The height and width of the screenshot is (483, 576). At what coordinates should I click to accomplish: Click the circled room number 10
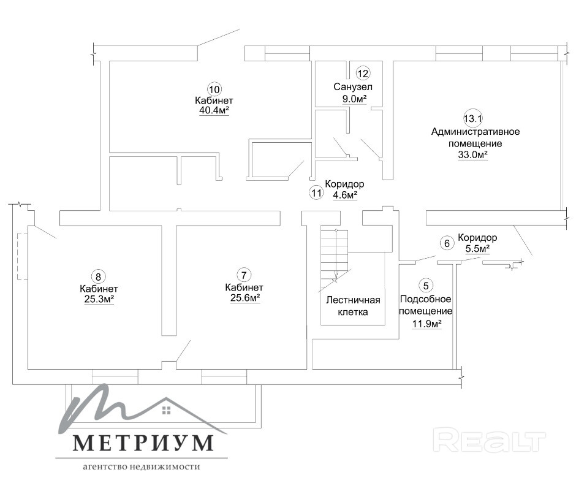pos(214,89)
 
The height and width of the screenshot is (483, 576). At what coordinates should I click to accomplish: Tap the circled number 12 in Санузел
pos(363,74)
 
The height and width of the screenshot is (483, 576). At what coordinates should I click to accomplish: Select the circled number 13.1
pos(473,119)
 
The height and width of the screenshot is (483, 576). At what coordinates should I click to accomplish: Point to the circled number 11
pos(316,192)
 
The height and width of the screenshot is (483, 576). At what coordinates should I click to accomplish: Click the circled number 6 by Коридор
pos(447,243)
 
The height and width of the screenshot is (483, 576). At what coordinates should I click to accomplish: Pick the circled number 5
pos(426,286)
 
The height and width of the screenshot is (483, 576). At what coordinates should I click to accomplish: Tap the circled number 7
pos(244,275)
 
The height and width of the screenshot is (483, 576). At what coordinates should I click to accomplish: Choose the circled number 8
pos(97,276)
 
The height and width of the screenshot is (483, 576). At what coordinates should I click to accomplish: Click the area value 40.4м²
pos(214,110)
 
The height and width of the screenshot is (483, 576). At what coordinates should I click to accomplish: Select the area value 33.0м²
pos(473,154)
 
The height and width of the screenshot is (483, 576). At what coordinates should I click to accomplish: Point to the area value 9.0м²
pos(355,99)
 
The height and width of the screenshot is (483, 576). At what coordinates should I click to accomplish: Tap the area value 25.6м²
pos(245,298)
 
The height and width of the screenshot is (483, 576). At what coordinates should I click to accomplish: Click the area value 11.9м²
pos(426,324)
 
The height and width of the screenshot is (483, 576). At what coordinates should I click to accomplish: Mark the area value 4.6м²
pos(345,195)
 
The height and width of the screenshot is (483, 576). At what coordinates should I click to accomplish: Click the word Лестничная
pos(353,300)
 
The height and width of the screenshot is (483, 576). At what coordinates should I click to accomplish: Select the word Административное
pos(476,132)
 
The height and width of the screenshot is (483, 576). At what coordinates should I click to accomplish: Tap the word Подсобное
pos(425,299)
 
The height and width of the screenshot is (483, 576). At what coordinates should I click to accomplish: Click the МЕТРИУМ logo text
pos(143,443)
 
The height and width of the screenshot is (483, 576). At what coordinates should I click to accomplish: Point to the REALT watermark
pos(489,440)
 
